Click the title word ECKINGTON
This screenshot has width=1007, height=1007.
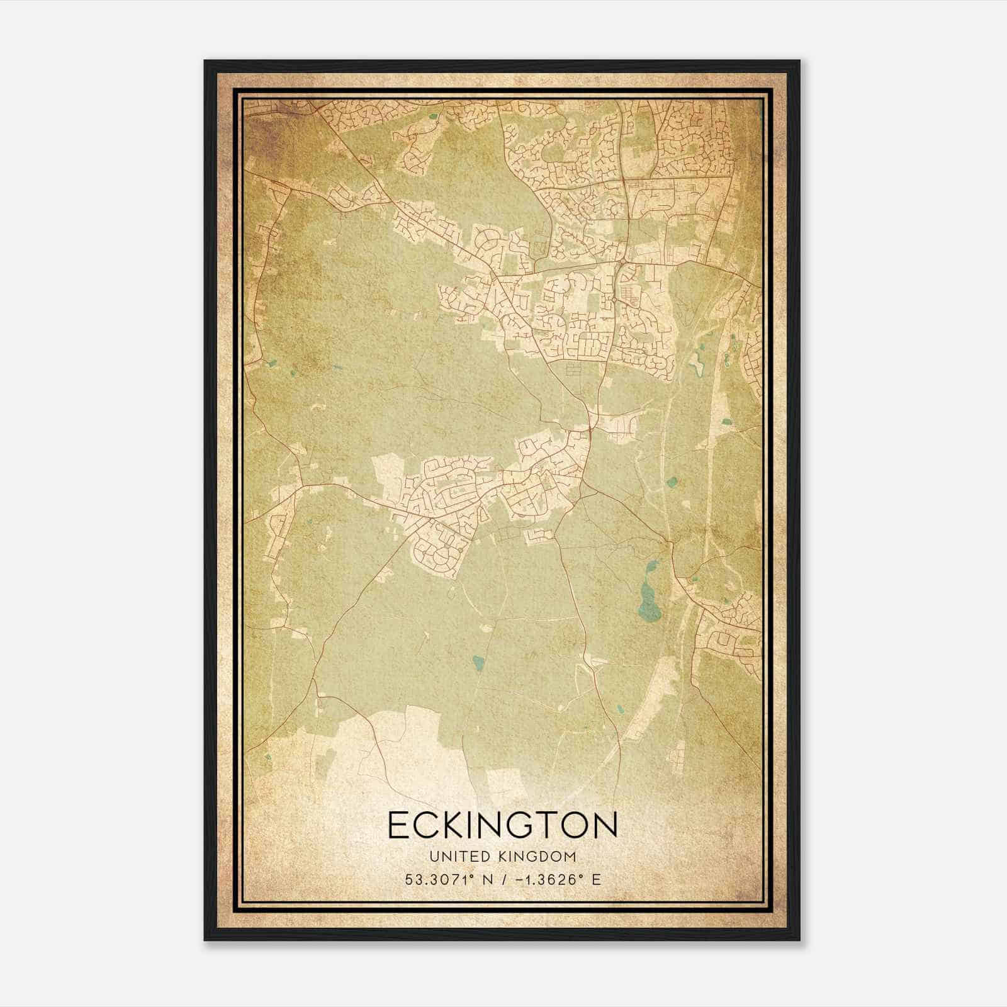tap(502, 825)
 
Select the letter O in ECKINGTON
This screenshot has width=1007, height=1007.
tap(571, 825)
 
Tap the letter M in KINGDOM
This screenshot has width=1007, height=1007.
tap(570, 857)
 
